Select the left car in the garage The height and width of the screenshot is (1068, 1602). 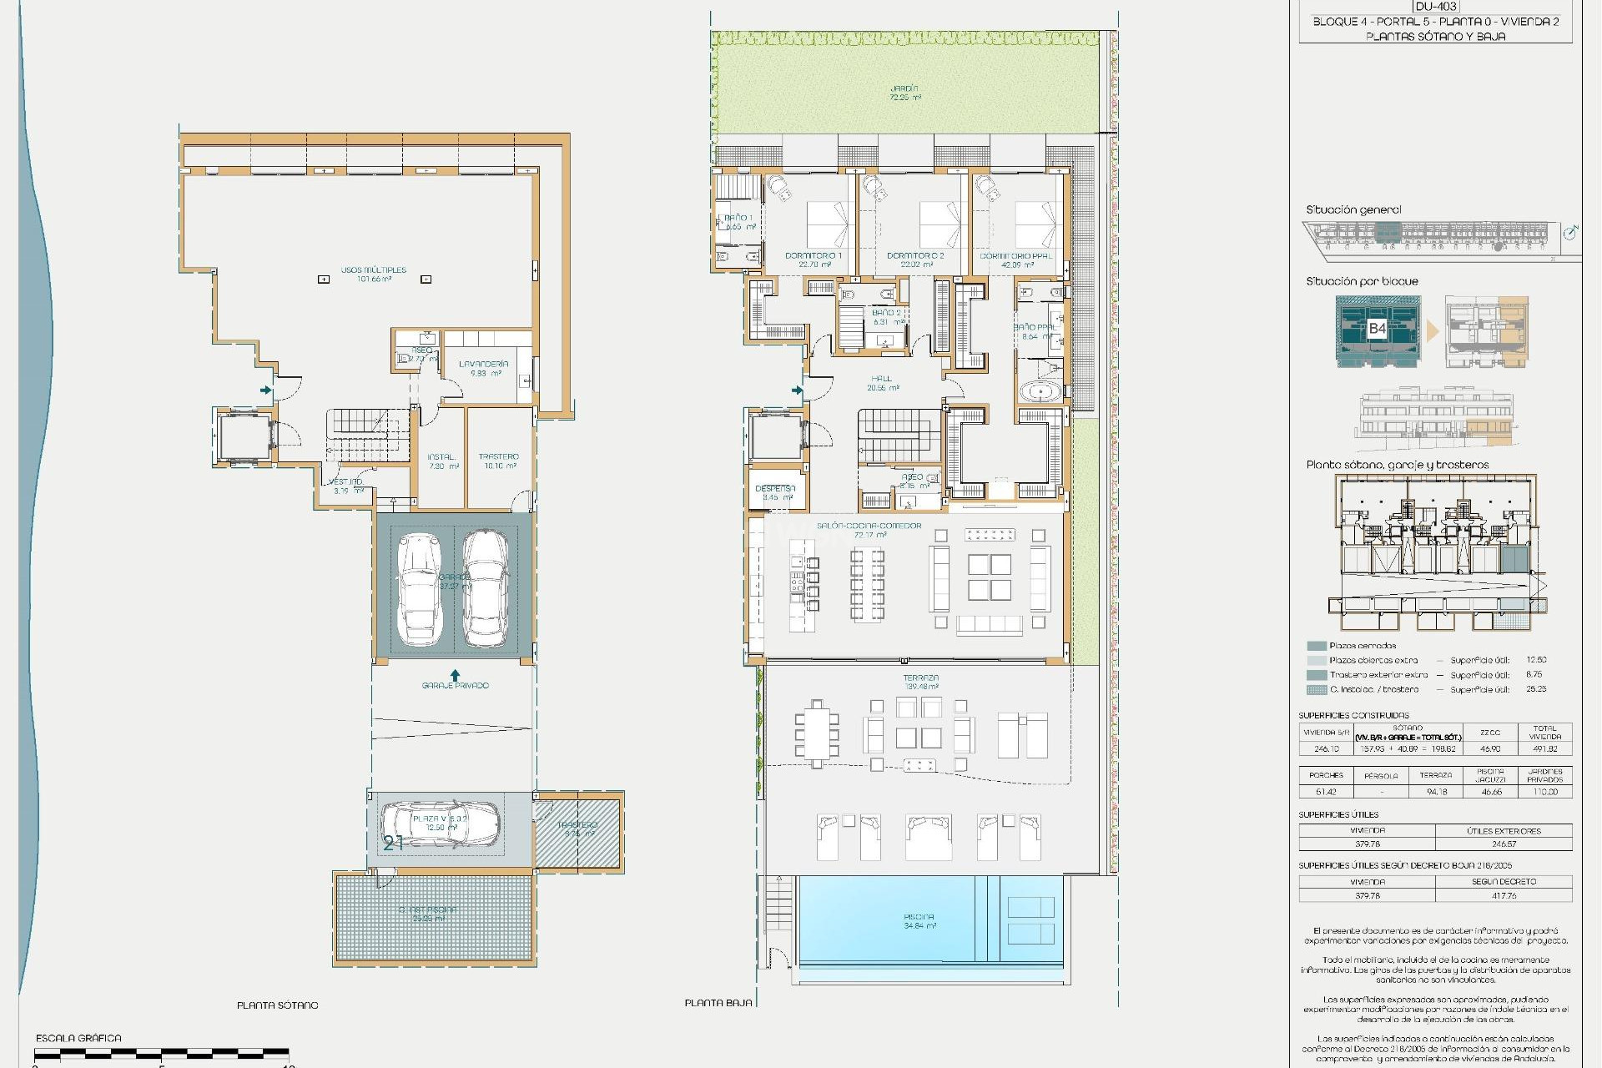click(419, 590)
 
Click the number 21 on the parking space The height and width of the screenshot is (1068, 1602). click(393, 844)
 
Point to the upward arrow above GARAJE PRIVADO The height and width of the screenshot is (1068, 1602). click(455, 674)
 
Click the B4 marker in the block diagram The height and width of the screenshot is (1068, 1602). click(1377, 328)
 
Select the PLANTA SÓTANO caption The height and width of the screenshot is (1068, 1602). click(277, 1005)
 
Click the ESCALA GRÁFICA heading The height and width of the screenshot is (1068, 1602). click(78, 1038)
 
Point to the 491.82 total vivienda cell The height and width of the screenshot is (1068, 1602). click(1544, 748)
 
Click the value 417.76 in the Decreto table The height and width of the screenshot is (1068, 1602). click(1504, 895)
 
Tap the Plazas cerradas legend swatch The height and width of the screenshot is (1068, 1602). click(1317, 646)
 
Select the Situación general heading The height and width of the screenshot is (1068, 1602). click(1353, 210)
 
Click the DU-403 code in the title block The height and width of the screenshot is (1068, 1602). click(1435, 7)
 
